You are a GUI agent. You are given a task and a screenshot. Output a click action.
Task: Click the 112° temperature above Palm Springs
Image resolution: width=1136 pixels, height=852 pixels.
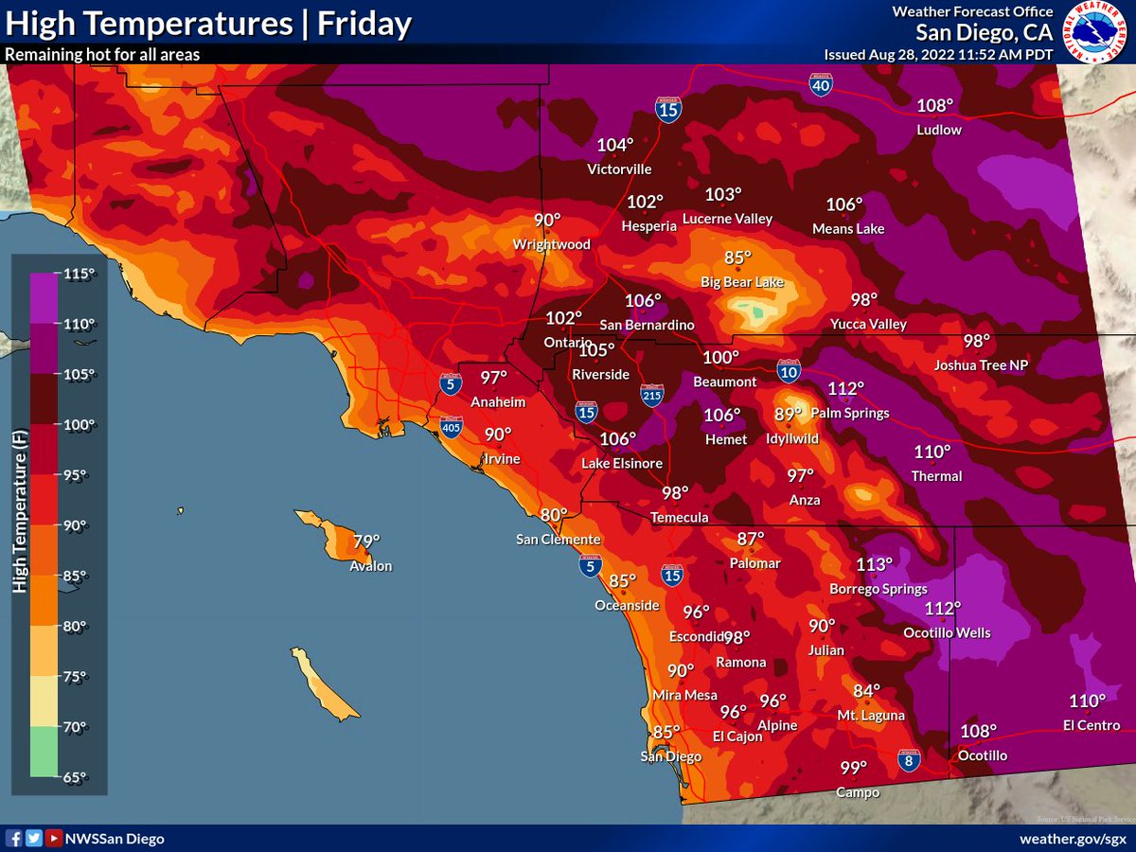(x=846, y=388)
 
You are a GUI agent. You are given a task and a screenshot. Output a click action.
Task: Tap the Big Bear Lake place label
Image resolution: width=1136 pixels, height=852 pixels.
(x=741, y=282)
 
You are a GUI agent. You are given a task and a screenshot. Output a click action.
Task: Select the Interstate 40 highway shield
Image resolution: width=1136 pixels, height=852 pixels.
(x=821, y=85)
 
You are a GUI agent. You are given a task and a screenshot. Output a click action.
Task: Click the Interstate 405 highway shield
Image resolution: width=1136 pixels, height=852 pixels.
(x=452, y=429)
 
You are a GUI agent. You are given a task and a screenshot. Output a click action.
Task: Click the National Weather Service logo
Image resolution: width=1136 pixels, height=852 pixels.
(x=1094, y=32)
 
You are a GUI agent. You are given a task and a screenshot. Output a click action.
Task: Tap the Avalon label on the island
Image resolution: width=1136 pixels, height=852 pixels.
(x=370, y=566)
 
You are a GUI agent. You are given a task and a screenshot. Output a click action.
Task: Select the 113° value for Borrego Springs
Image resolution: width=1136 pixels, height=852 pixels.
(x=874, y=564)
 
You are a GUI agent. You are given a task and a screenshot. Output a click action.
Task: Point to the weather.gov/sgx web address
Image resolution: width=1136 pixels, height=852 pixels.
(x=1073, y=839)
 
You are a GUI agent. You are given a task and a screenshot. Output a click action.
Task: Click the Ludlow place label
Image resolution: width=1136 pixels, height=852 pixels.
(x=939, y=130)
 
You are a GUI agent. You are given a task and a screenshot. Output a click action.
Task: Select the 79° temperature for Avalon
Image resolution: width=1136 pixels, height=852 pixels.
(x=366, y=542)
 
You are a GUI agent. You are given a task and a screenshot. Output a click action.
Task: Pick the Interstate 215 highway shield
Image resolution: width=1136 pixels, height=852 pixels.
(x=652, y=396)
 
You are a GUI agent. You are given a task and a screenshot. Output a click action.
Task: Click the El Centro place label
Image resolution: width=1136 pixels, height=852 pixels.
(x=1091, y=725)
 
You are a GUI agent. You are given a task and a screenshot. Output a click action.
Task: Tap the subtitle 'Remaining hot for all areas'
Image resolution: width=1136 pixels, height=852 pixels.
(x=102, y=55)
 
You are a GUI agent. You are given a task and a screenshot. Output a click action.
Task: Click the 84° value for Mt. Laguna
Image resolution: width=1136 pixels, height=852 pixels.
(x=866, y=691)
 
